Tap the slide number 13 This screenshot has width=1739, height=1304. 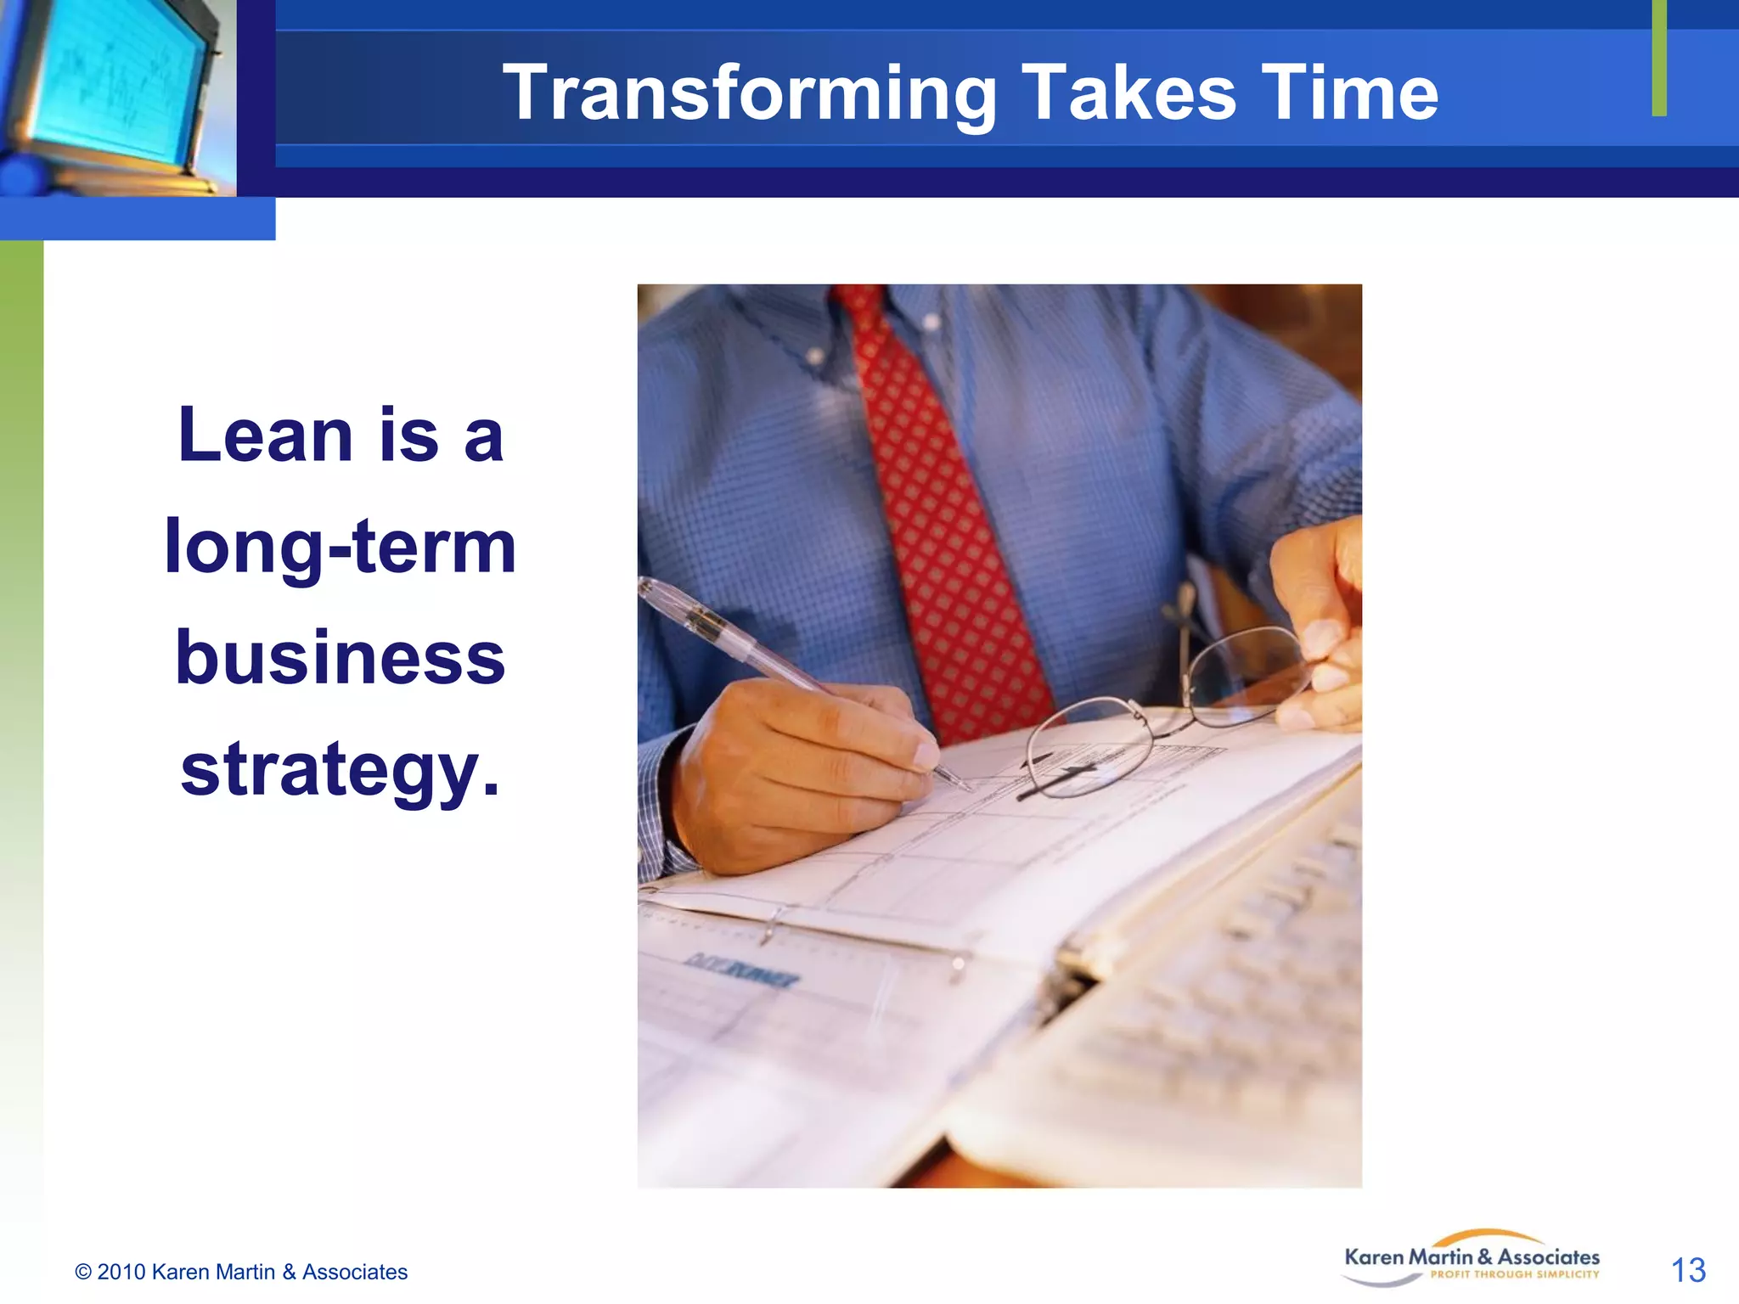tap(1687, 1270)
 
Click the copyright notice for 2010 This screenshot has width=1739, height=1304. tap(241, 1272)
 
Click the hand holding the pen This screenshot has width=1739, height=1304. tap(798, 773)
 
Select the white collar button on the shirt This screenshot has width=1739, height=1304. tap(931, 322)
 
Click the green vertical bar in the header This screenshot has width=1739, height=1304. tap(1659, 58)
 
